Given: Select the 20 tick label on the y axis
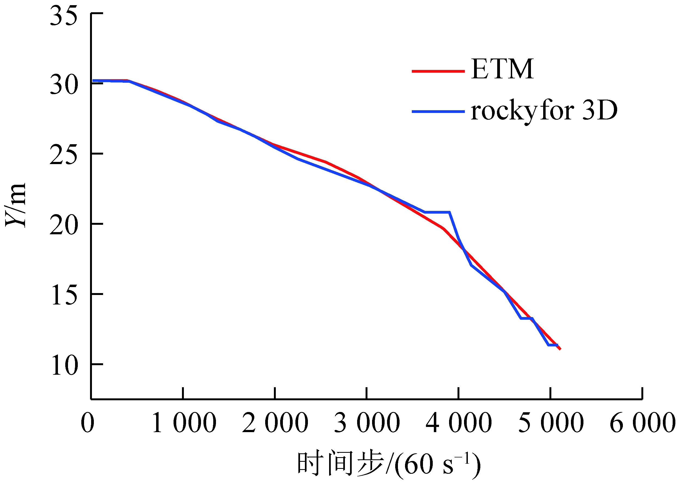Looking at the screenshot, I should pos(63,225).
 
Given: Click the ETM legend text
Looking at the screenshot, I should pos(502,69).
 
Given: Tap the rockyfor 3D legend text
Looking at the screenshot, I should pos(544,111).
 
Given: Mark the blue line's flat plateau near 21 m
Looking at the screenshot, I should pos(437,212).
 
